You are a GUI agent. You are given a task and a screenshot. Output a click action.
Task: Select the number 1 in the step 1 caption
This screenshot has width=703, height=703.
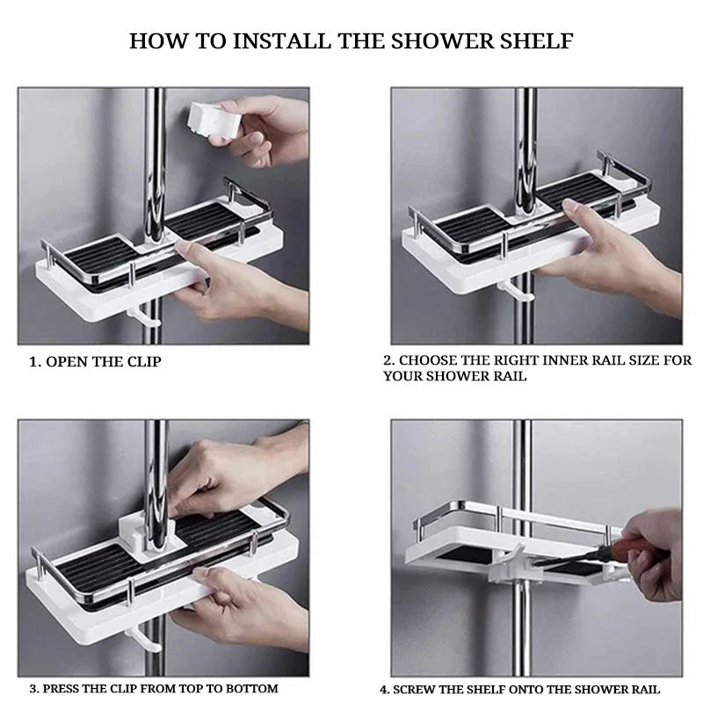[x=33, y=362]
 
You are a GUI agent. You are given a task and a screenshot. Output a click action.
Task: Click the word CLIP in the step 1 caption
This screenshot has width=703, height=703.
[x=143, y=362]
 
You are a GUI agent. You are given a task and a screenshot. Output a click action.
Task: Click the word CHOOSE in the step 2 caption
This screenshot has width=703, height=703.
[x=430, y=360]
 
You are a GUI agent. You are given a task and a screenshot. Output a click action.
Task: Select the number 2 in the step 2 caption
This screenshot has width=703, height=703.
[x=388, y=360]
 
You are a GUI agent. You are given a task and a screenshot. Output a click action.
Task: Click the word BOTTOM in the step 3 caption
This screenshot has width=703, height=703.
[x=253, y=689]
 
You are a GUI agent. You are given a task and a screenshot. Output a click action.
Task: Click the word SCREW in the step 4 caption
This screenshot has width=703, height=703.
[x=418, y=690]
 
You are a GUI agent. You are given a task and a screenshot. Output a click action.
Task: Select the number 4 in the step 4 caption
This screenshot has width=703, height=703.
[x=384, y=690]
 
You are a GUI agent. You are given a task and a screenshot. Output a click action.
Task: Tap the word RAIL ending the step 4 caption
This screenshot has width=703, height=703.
[x=643, y=690]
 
